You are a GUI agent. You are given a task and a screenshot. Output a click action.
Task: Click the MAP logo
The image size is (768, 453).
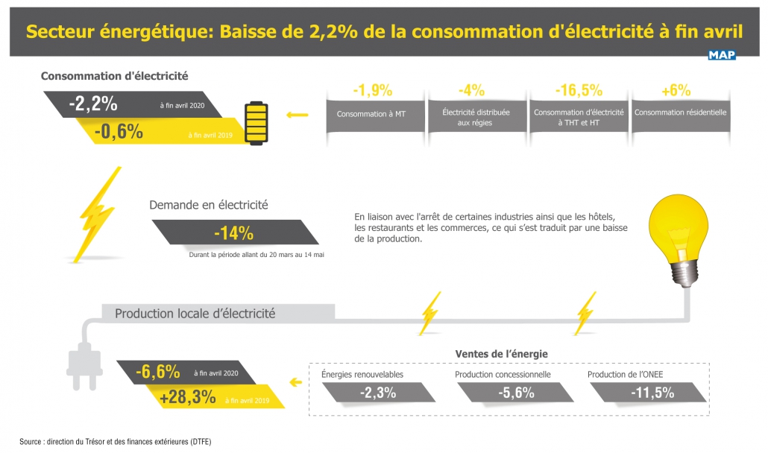721,54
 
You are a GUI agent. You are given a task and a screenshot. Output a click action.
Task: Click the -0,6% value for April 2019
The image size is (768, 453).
119,132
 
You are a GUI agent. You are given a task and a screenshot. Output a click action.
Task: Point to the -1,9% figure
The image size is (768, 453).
372,90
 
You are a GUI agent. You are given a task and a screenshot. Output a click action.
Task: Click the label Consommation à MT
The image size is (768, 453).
371,114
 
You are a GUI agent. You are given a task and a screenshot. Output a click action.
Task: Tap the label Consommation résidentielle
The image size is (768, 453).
680,113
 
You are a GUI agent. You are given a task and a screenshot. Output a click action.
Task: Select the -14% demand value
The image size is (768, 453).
233,233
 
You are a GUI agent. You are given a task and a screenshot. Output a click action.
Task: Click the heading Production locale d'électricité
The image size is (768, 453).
195,314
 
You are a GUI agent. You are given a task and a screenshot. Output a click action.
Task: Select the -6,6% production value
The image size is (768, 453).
158,371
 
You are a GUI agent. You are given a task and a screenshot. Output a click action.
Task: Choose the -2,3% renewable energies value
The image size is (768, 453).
377,393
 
